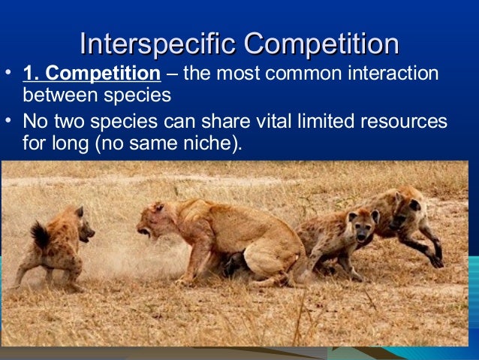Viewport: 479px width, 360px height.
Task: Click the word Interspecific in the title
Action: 158,44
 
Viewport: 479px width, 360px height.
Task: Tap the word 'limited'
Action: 316,121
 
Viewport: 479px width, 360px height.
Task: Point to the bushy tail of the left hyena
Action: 39,234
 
